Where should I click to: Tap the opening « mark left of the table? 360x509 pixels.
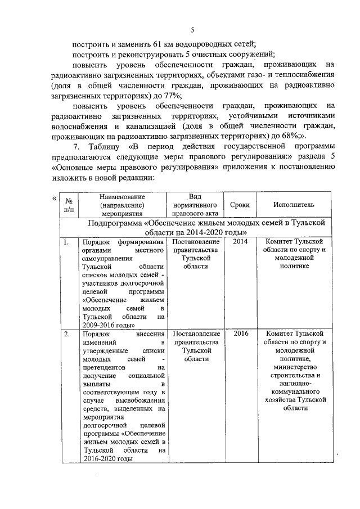[54, 198]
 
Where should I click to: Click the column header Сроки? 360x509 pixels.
[240, 205]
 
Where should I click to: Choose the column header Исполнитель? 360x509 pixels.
[294, 205]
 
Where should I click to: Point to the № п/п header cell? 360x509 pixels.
[69, 205]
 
